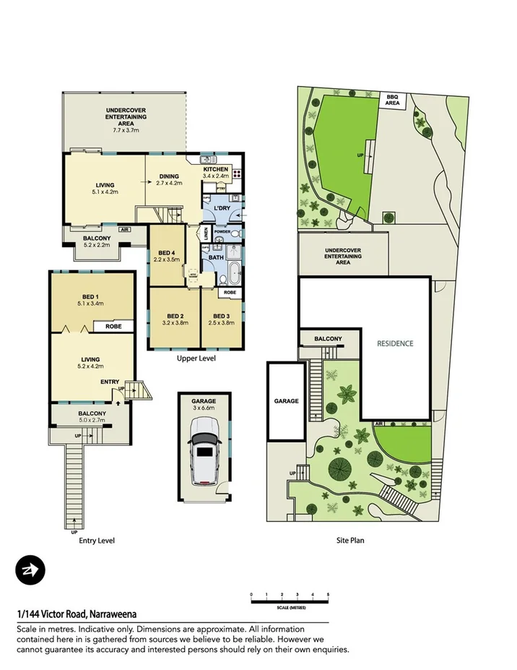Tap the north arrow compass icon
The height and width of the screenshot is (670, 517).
[x=30, y=571]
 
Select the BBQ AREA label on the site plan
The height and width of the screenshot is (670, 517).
[x=392, y=100]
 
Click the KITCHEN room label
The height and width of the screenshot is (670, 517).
[x=215, y=168]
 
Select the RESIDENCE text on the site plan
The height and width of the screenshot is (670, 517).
[x=395, y=343]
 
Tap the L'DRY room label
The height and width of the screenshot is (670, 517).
[x=222, y=210]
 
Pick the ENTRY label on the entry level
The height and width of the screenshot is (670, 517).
[x=110, y=382]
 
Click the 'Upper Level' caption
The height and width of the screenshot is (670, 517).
[x=196, y=358]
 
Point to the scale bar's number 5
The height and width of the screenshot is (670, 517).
[x=328, y=593]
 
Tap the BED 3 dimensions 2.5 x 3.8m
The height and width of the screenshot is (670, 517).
[x=222, y=324]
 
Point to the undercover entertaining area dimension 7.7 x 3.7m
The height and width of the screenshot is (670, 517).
[x=126, y=129]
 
